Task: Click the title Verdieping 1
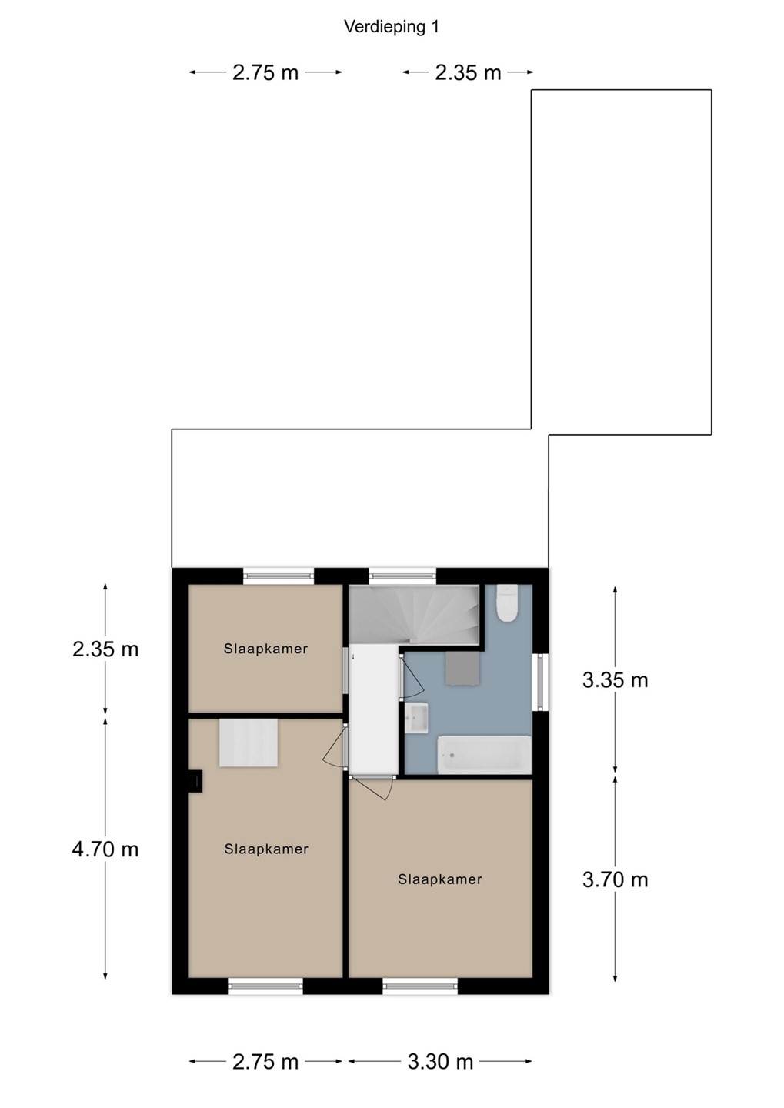(x=392, y=27)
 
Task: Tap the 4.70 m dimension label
(x=105, y=849)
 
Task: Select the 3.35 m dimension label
(x=615, y=681)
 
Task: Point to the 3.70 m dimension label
(x=615, y=880)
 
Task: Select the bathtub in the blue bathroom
(x=484, y=754)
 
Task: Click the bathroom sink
(x=417, y=718)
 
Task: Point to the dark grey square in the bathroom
(x=462, y=668)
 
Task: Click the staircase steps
(x=414, y=615)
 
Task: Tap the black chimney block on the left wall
(x=196, y=782)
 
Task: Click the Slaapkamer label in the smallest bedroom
(x=265, y=649)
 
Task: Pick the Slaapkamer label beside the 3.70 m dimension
(x=440, y=879)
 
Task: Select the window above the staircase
(x=402, y=576)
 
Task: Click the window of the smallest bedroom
(x=279, y=576)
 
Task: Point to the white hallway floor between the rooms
(x=373, y=709)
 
